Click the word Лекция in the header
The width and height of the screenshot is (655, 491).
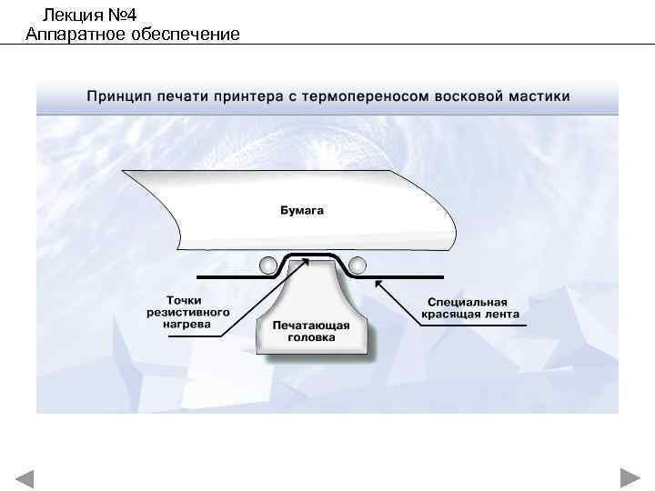[x=71, y=15]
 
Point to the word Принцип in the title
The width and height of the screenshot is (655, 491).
[x=119, y=95]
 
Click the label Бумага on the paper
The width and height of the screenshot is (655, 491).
[x=301, y=211]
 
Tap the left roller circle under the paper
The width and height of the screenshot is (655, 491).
[x=269, y=265]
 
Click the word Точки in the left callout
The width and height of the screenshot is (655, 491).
[x=185, y=299]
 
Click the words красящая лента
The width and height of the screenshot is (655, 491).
[x=469, y=316]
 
